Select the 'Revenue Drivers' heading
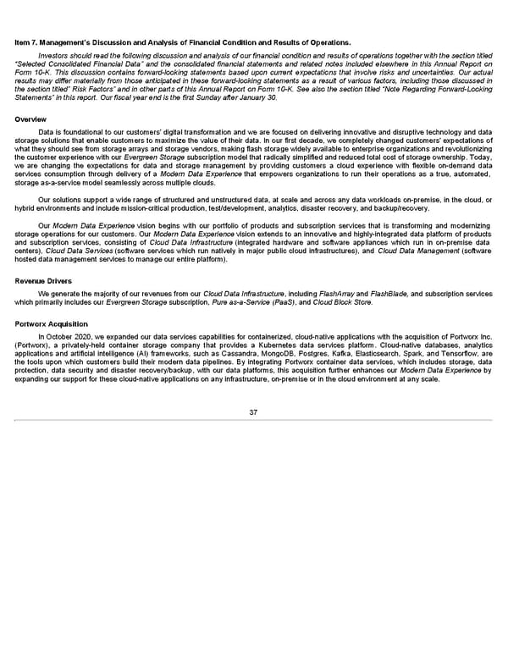(x=41, y=256)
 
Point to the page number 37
(x=253, y=412)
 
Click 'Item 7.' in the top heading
(x=28, y=42)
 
